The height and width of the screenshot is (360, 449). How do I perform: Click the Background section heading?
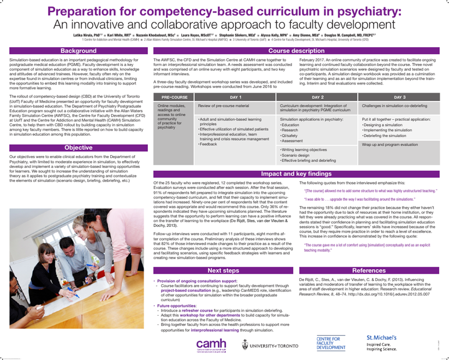tap(78, 50)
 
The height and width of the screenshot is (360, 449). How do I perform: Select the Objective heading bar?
tap(78, 147)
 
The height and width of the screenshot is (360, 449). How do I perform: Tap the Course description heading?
tap(296, 50)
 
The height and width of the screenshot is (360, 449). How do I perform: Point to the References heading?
tap(369, 270)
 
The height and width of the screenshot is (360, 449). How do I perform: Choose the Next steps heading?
tap(223, 270)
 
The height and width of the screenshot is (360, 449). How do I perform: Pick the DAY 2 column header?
tap(317, 97)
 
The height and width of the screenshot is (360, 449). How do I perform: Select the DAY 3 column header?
tap(399, 97)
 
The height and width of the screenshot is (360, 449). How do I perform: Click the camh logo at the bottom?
tap(211, 345)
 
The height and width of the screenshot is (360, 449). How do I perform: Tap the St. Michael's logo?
tap(382, 343)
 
